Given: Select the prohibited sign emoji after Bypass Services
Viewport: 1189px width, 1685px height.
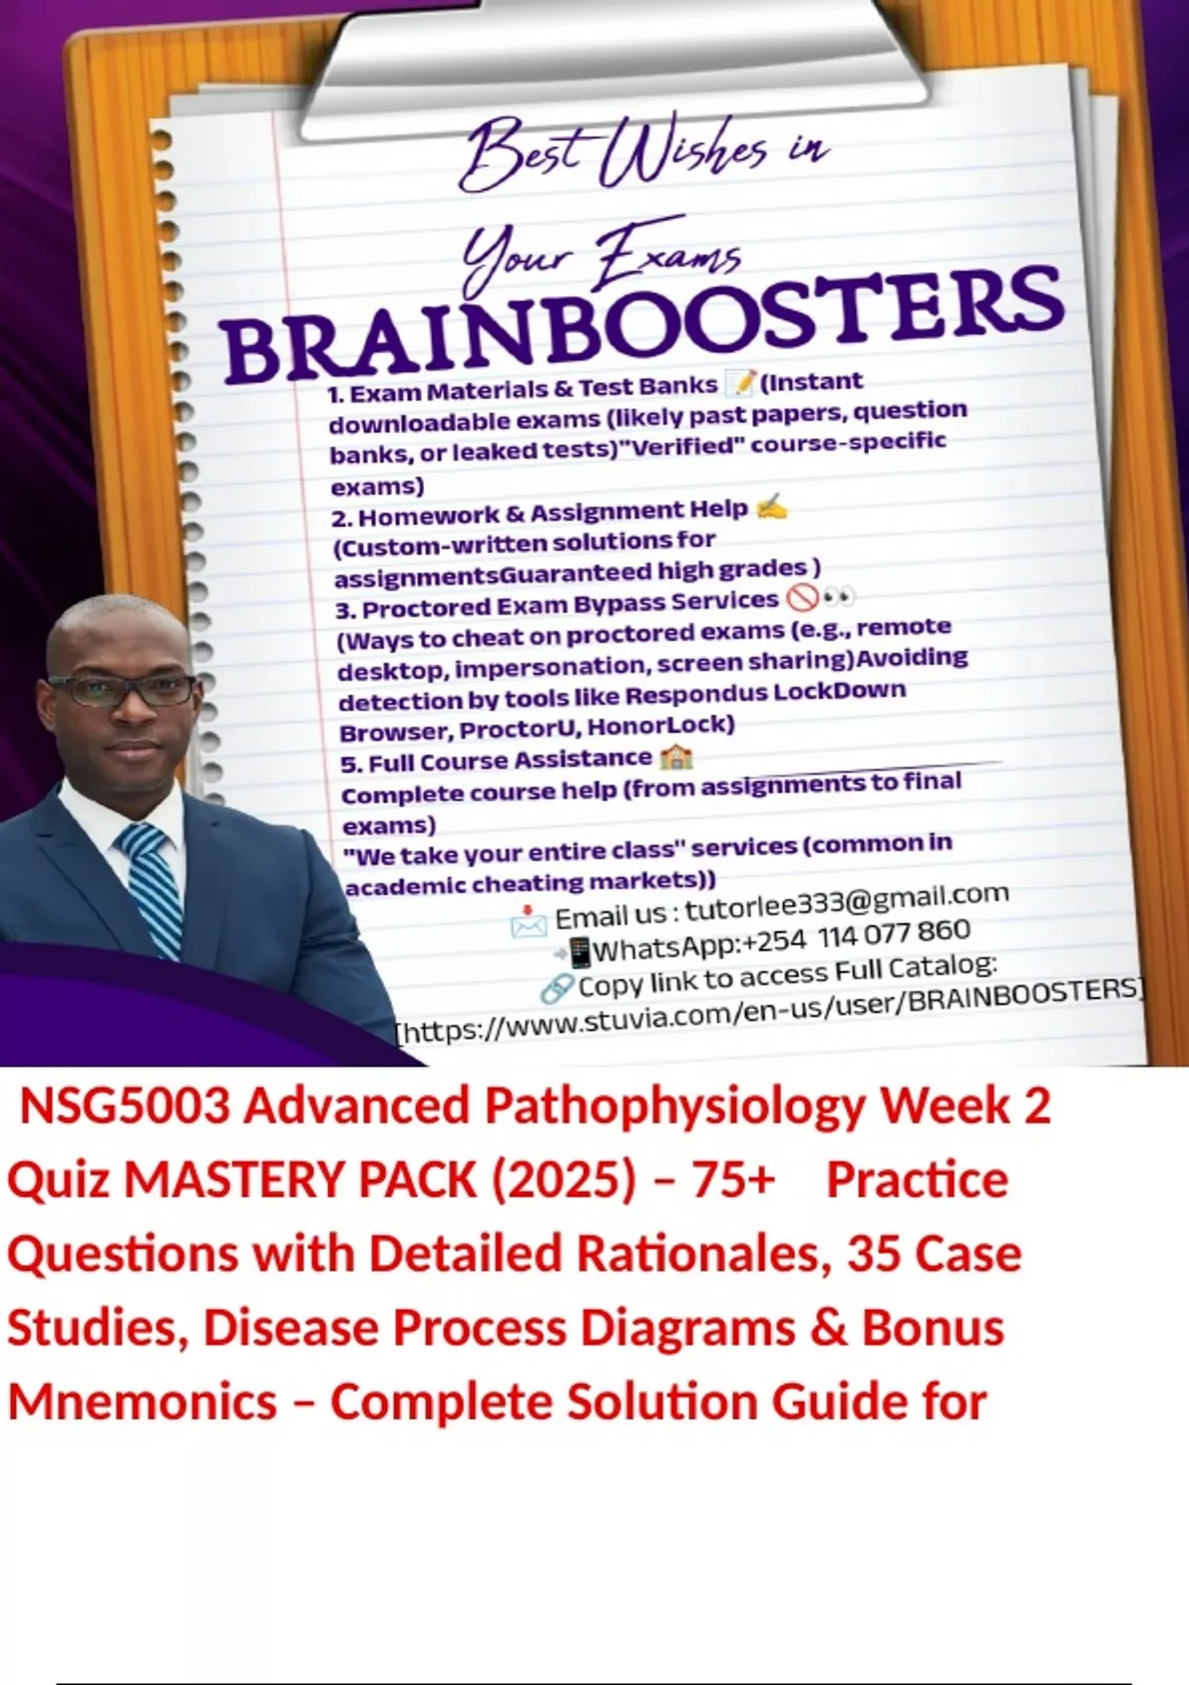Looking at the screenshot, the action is pyautogui.click(x=802, y=599).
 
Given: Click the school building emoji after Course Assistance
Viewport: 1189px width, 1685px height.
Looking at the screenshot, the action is pyautogui.click(x=676, y=756).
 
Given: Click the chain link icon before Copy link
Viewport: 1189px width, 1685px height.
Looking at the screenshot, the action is pyautogui.click(x=557, y=988).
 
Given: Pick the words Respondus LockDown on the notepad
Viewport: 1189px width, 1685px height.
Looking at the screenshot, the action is pyautogui.click(x=766, y=692).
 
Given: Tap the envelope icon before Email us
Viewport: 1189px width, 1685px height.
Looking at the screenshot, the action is pyautogui.click(x=528, y=921).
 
